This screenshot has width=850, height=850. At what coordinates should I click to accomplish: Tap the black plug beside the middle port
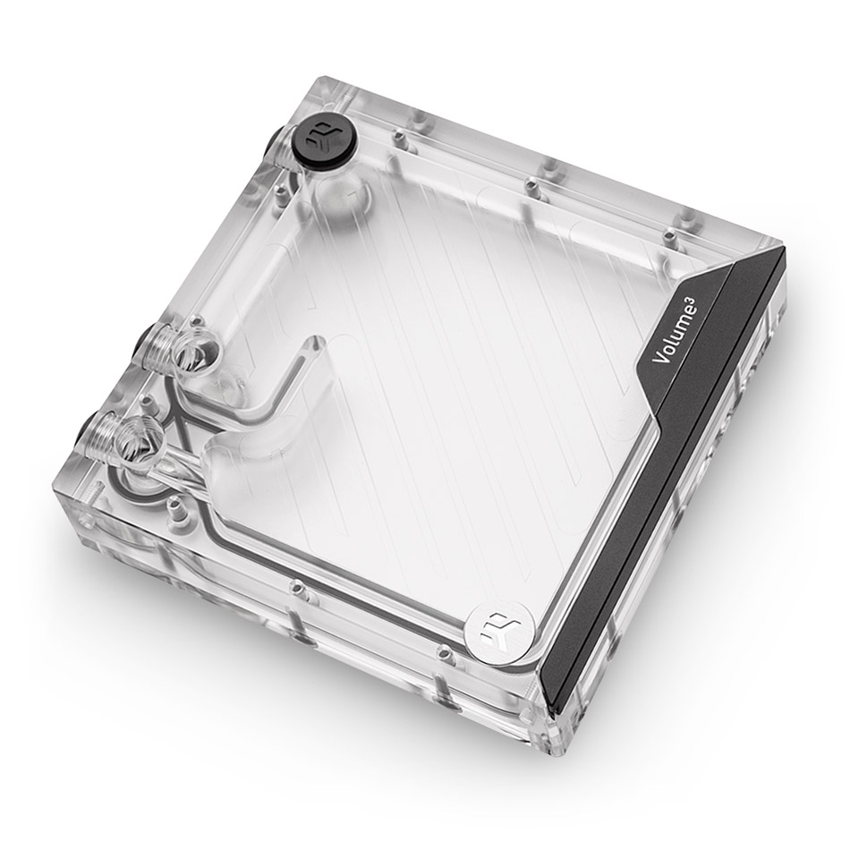[147, 345]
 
